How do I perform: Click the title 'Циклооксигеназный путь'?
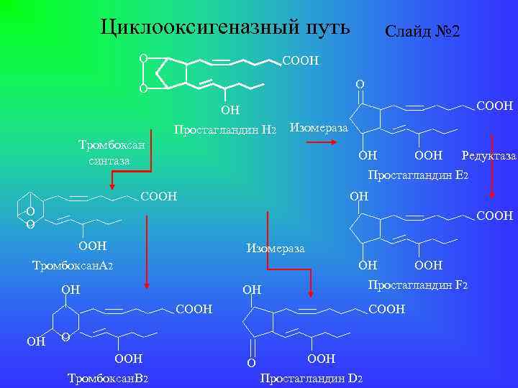click(x=225, y=27)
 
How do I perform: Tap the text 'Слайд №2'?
click(x=423, y=32)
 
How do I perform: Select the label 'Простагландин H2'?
click(x=225, y=130)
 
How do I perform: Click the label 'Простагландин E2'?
click(x=418, y=175)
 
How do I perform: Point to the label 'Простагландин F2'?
click(x=418, y=286)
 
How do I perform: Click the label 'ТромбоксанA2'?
click(x=73, y=266)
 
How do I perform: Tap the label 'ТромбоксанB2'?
click(x=107, y=379)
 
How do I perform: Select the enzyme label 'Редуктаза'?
click(x=489, y=156)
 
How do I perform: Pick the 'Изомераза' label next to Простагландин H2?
click(x=318, y=129)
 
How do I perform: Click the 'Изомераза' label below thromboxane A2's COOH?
click(x=275, y=249)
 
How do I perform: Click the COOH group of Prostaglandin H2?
click(x=301, y=61)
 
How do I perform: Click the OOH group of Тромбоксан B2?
click(x=129, y=359)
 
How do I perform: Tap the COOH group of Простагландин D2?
click(x=386, y=310)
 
